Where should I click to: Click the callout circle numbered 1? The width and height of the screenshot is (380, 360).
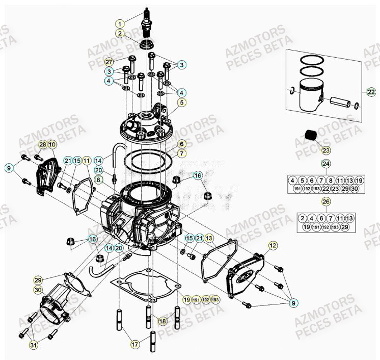click(119, 23)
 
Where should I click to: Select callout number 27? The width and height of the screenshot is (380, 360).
click(109, 62)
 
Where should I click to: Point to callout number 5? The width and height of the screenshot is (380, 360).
click(181, 102)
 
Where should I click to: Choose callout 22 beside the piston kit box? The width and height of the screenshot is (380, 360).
click(370, 92)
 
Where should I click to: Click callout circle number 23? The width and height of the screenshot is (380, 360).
click(325, 150)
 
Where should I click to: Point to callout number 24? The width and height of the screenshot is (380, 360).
click(325, 164)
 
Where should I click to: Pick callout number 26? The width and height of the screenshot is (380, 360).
click(325, 202)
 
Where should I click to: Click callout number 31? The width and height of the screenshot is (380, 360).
click(34, 346)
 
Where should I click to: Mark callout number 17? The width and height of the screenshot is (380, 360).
click(135, 345)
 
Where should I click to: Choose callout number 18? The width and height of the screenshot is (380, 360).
click(162, 321)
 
